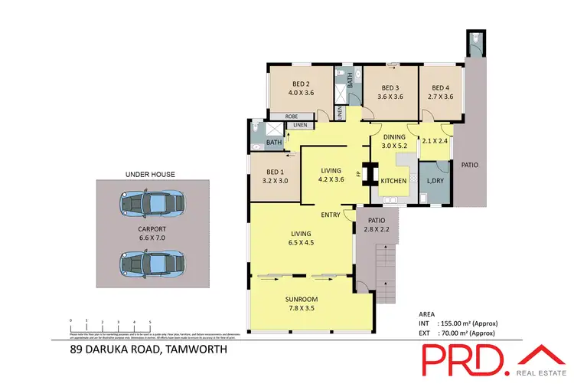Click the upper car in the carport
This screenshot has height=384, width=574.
151,205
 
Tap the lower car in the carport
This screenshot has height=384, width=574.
151,263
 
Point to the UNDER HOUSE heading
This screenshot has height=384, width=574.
150,174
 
